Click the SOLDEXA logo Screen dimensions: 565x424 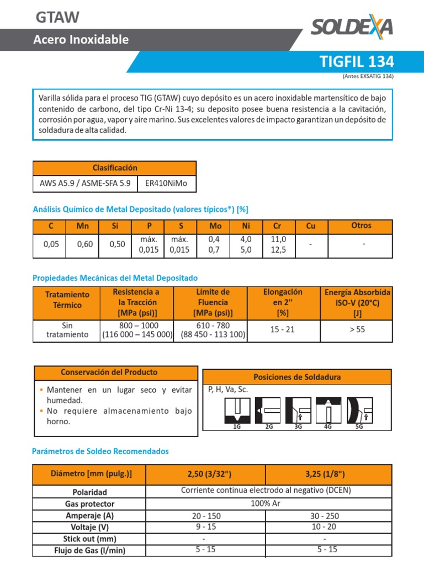tap(351, 26)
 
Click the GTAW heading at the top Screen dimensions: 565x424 tap(57, 18)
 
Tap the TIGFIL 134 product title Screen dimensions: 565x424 tap(357, 61)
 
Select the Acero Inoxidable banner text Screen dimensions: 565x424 tap(81, 40)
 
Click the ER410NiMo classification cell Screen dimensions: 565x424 tap(166, 184)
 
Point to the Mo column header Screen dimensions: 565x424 tap(215, 226)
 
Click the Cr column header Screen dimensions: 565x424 tap(277, 226)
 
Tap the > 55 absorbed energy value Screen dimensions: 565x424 tap(357, 329)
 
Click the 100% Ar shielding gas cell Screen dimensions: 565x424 tap(266, 504)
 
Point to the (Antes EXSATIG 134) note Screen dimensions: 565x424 tap(368, 76)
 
